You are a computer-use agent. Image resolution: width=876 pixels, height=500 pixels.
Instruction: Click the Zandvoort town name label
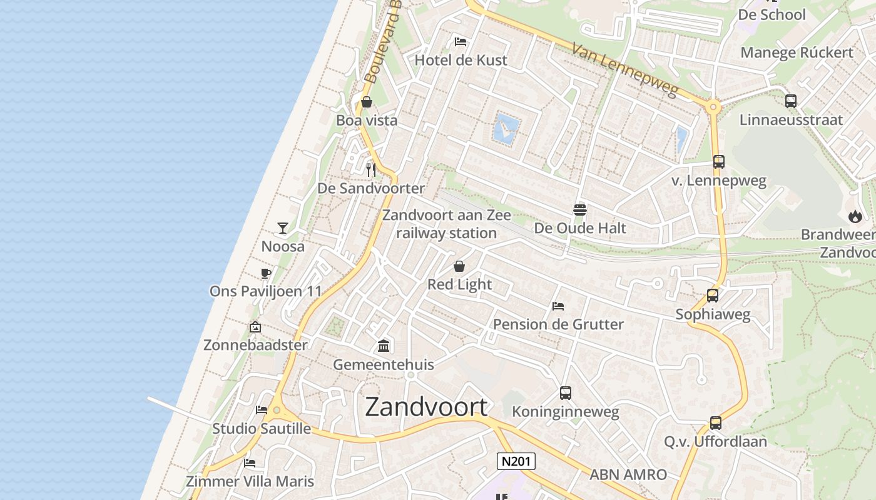426,407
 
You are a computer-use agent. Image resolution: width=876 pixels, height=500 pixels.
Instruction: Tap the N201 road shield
516,462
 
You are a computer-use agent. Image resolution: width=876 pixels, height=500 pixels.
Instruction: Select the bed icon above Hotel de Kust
461,42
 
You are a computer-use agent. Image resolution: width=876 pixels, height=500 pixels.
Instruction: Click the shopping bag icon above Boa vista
367,102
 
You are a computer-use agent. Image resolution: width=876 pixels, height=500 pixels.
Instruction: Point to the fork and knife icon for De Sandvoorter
371,169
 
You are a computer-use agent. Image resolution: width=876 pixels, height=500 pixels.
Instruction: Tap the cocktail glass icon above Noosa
283,228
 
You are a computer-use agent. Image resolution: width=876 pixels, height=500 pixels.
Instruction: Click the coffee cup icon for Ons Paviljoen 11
266,273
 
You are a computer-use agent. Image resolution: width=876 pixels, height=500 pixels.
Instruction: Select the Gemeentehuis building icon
384,346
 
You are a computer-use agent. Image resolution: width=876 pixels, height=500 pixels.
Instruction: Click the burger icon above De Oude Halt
580,210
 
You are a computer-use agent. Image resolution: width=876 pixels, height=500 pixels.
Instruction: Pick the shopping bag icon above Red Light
459,266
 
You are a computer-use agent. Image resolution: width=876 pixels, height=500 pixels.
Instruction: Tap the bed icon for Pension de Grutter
558,306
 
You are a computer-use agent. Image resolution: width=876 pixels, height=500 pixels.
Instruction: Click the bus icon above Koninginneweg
566,393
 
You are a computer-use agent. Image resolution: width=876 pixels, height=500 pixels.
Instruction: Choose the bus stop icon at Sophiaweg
713,296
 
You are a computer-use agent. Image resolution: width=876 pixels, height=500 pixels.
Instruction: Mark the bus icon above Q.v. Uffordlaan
716,423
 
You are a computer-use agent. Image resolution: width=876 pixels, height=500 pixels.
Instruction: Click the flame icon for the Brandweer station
855,216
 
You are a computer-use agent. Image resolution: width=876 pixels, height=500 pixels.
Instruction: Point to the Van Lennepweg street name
626,69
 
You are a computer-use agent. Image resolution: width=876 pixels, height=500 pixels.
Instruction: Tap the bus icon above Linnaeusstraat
791,101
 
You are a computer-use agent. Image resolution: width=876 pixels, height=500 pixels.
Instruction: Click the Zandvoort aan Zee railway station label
447,224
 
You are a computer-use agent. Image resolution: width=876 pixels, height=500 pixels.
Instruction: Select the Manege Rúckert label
797,52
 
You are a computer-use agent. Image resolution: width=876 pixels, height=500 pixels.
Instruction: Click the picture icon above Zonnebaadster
255,327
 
